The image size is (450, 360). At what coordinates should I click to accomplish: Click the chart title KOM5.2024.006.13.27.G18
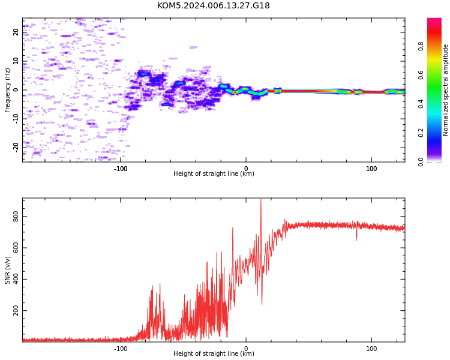point(213,5)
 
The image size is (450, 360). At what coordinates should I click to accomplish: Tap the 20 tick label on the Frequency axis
point(16,32)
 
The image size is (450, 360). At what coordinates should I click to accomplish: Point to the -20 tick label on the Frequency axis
point(16,148)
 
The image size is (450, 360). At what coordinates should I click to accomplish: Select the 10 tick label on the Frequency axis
point(16,61)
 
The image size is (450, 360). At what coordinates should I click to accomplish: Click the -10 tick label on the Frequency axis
point(16,119)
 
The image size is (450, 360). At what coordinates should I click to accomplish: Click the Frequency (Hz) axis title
point(7,90)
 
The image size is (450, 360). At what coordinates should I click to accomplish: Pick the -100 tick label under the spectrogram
point(121,169)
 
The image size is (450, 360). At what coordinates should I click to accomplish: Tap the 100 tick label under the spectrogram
point(371,169)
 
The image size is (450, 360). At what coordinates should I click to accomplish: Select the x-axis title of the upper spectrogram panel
point(214,173)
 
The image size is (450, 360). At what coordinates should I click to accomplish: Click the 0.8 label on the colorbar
point(421,46)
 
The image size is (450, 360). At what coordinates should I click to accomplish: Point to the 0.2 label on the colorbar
point(421,133)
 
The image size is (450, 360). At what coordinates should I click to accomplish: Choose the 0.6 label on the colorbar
point(421,75)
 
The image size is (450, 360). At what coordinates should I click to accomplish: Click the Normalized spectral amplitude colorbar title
point(445,90)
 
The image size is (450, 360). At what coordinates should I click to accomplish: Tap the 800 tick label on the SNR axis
point(16,217)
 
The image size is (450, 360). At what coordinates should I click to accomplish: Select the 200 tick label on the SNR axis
point(16,311)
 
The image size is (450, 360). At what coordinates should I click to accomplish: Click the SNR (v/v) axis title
point(7,270)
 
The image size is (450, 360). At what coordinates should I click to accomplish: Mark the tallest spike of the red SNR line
point(261,199)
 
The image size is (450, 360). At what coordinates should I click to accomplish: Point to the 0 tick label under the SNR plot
point(246,349)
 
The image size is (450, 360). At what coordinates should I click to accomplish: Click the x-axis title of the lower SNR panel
point(214,353)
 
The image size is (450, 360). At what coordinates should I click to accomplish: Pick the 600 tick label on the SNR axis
point(16,248)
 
